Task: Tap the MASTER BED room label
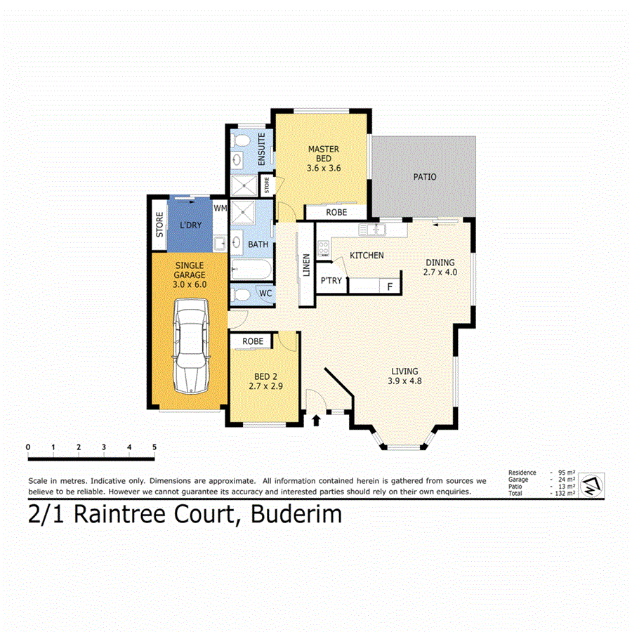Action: click(323, 158)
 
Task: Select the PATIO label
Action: click(424, 177)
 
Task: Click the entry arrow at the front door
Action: click(315, 420)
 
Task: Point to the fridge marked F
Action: click(389, 286)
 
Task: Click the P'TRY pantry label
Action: click(331, 280)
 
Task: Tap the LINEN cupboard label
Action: click(306, 265)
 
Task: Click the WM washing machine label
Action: click(220, 209)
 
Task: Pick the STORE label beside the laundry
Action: click(159, 224)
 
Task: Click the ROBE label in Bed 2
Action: click(253, 341)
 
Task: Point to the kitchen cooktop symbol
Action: click(324, 247)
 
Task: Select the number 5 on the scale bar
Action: click(154, 447)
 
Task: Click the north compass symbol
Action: click(593, 484)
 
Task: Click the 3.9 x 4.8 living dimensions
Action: click(404, 381)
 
